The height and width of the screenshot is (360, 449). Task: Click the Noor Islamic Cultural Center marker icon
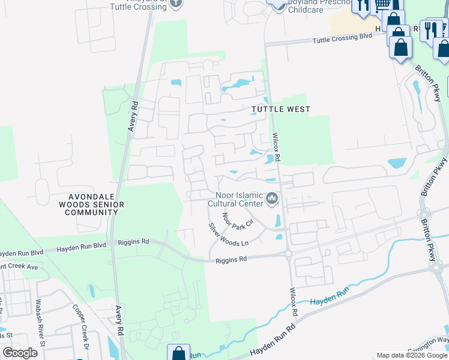coord(272,197)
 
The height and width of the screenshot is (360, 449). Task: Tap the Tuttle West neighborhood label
coord(280,109)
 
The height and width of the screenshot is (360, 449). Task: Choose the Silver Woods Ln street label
coord(228,234)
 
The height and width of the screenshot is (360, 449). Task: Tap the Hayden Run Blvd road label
coord(80,247)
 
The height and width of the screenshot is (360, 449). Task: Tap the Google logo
coord(20,353)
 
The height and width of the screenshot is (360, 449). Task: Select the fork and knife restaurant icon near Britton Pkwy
coord(430,30)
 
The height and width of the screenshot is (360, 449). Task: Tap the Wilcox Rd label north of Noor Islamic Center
coord(277,145)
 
